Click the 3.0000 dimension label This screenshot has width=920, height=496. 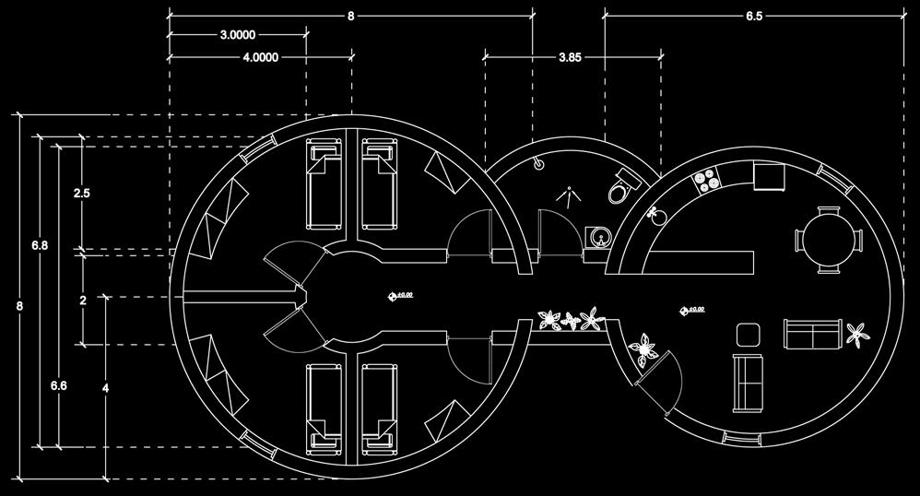(x=238, y=35)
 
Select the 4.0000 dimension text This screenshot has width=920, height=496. (x=261, y=57)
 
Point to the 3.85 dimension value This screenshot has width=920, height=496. (x=570, y=57)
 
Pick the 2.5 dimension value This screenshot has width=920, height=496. (x=82, y=194)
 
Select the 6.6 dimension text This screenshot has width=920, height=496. (x=57, y=385)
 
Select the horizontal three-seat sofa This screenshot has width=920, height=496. (x=812, y=333)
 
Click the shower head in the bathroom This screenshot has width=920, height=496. (x=538, y=162)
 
